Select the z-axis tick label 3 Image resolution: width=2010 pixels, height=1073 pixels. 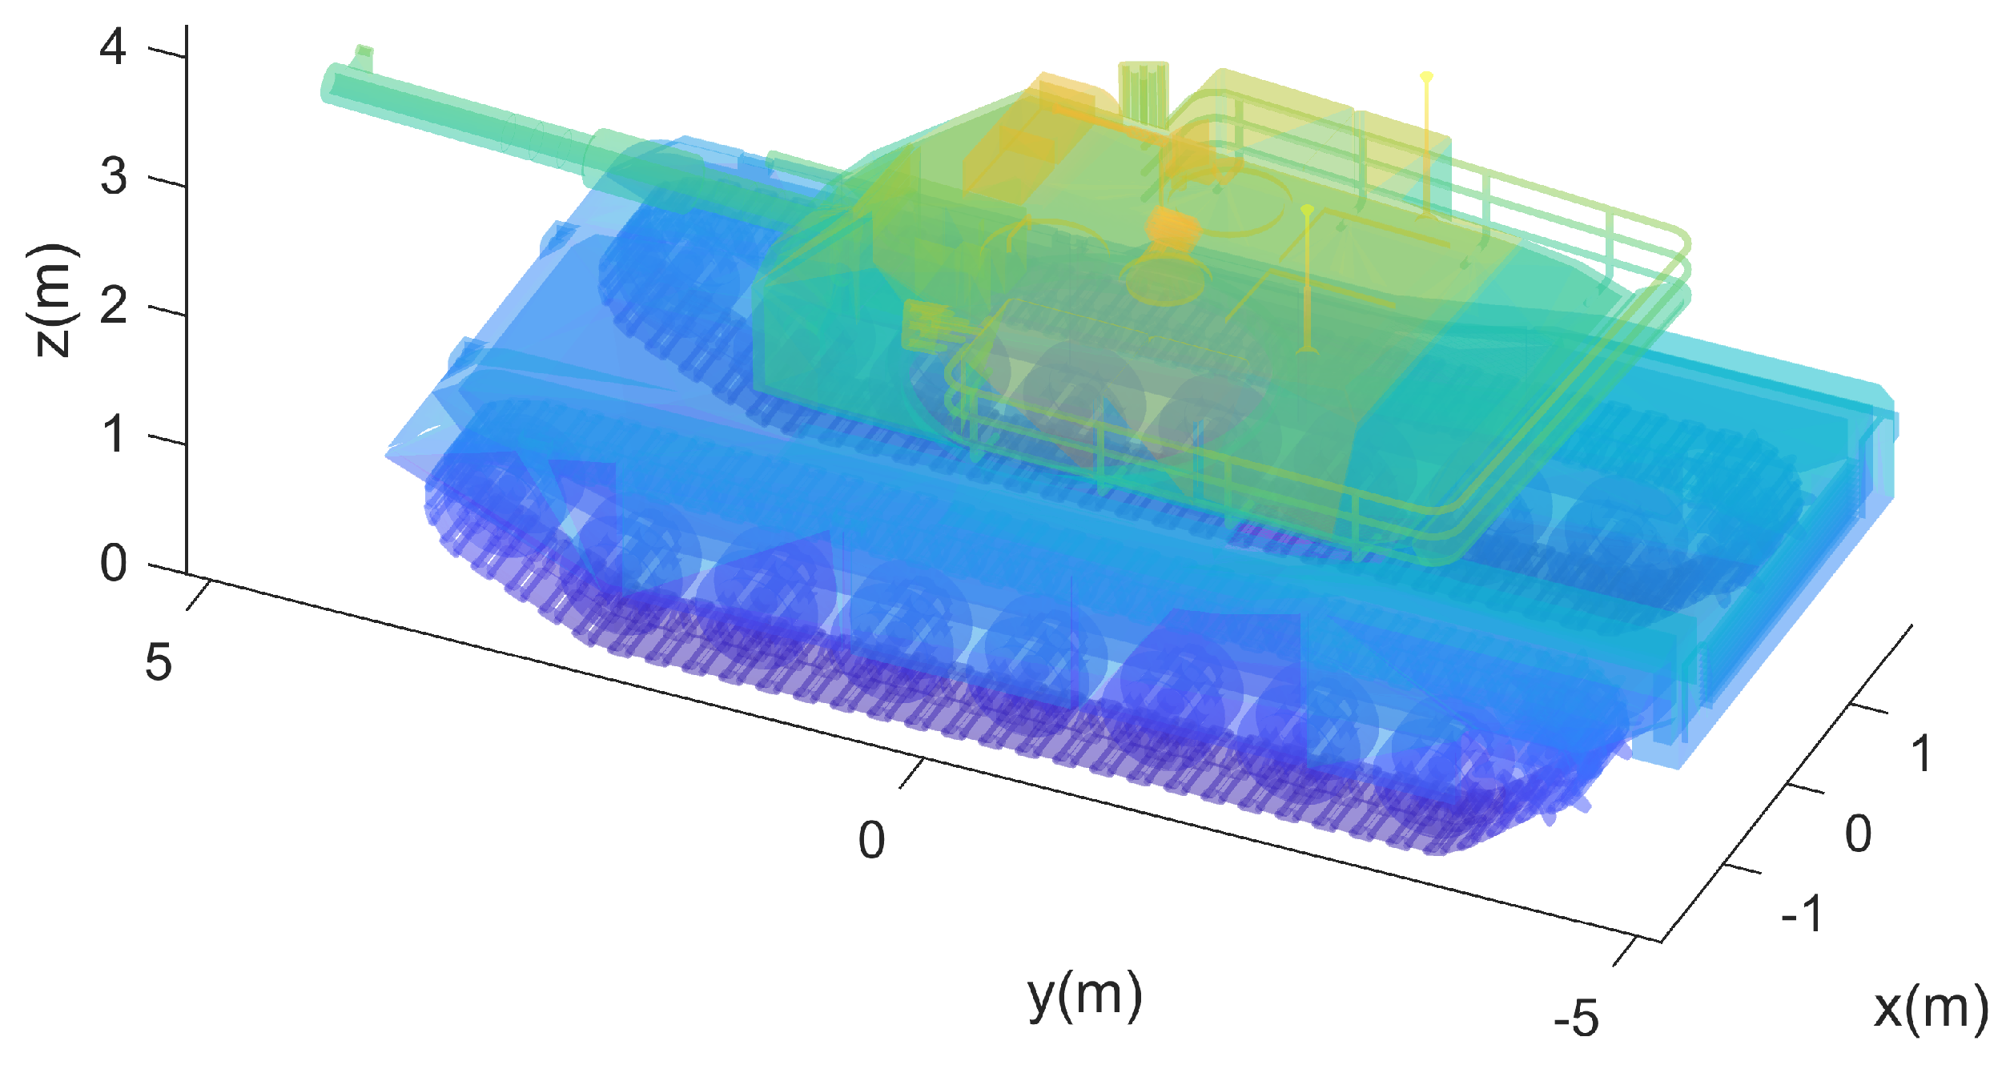[113, 177]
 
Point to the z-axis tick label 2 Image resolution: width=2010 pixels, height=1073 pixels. [113, 306]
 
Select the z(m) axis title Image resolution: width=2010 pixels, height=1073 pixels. [53, 300]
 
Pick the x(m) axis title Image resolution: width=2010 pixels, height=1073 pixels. [1930, 1007]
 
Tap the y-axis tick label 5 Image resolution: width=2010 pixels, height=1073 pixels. [158, 663]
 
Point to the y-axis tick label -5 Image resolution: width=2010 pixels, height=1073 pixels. [1575, 1019]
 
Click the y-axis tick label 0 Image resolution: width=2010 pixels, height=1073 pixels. [871, 840]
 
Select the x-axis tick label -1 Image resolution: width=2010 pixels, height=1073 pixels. [1802, 913]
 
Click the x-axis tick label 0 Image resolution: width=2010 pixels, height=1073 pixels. [1858, 834]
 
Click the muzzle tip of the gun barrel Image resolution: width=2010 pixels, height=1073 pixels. [330, 83]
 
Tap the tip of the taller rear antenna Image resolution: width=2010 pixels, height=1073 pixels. [1426, 77]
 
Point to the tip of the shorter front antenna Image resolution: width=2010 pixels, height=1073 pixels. [1307, 210]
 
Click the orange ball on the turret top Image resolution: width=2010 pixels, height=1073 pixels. [1172, 225]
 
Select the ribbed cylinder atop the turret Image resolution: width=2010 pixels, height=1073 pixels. [1143, 92]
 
